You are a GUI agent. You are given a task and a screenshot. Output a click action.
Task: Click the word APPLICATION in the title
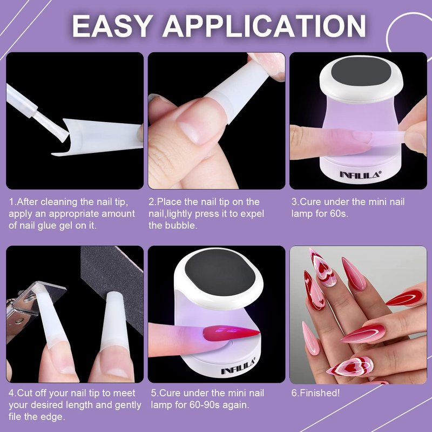pyautogui.click(x=264, y=25)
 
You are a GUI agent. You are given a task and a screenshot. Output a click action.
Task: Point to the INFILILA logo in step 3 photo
pyautogui.click(x=360, y=174)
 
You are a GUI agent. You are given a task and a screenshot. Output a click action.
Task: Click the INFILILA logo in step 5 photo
pyautogui.click(x=239, y=366)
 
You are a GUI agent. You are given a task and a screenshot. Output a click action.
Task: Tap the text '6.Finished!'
pyautogui.click(x=315, y=393)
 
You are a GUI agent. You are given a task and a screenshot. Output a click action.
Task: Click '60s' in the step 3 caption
pyautogui.click(x=339, y=213)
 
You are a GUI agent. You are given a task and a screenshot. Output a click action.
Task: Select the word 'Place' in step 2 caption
pyautogui.click(x=169, y=201)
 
